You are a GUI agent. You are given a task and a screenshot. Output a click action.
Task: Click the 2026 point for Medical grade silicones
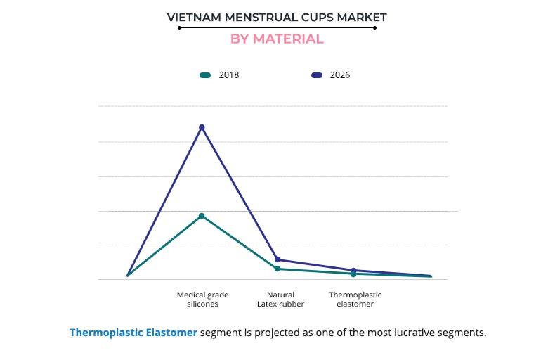tap(202, 127)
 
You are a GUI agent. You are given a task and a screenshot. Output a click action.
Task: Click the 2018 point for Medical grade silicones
tap(202, 216)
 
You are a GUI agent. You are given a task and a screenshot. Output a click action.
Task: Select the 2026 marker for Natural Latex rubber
tap(277, 259)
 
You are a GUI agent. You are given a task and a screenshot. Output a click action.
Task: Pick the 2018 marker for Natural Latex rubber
tap(277, 269)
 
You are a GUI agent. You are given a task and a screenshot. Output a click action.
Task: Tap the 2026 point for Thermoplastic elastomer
tap(353, 270)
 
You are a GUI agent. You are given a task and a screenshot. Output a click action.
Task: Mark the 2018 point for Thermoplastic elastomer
tap(353, 274)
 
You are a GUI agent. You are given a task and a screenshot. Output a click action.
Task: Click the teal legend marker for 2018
tap(205, 75)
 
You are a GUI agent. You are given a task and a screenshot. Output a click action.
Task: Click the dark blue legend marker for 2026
tap(316, 75)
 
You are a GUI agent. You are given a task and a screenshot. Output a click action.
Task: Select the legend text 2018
tap(229, 75)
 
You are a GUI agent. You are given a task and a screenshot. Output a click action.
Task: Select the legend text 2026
tap(340, 75)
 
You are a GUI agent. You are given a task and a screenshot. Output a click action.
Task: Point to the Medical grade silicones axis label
tap(202, 300)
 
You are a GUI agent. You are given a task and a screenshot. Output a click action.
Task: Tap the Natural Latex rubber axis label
tap(281, 300)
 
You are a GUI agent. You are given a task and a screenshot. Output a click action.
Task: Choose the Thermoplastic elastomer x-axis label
tap(355, 300)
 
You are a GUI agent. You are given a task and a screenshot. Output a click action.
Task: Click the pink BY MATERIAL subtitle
tap(277, 39)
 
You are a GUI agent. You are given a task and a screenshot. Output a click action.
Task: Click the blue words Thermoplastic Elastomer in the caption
tap(133, 333)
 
